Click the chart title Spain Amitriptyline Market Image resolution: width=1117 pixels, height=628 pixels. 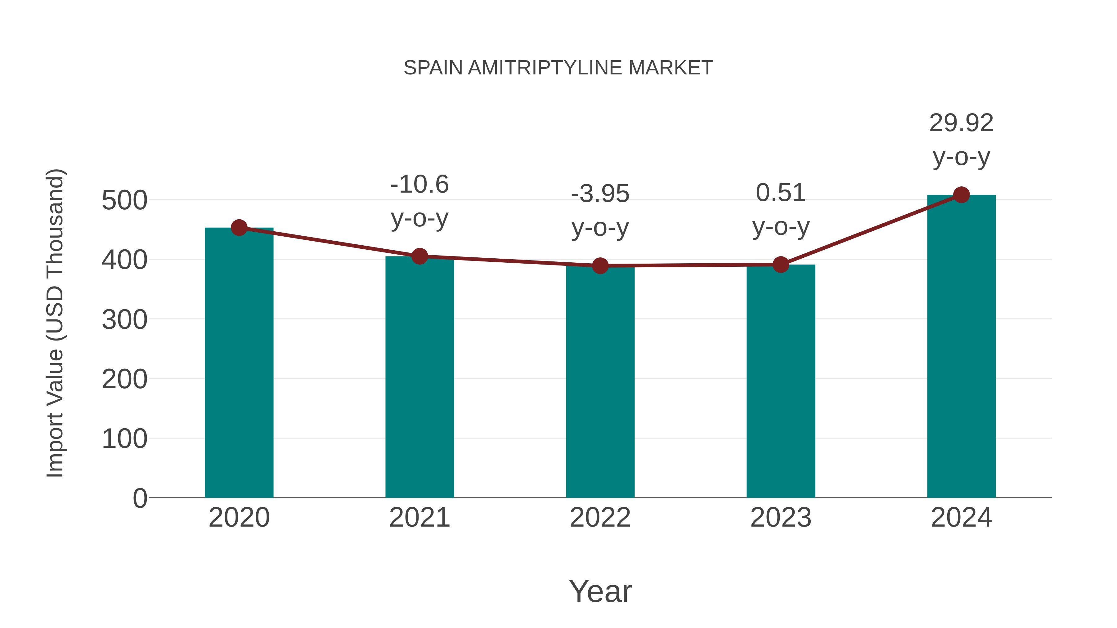coord(558,68)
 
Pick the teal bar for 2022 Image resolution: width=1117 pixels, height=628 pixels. coord(600,381)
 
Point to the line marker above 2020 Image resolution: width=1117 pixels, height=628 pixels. coord(239,228)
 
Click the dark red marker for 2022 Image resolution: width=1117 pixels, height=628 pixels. coord(600,266)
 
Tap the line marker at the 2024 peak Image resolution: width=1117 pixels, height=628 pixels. coord(961,195)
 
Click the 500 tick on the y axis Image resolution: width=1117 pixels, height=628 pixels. coord(124,201)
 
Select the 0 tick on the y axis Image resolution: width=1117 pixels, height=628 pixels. coord(140,498)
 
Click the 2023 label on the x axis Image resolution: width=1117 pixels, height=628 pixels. coord(781,518)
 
